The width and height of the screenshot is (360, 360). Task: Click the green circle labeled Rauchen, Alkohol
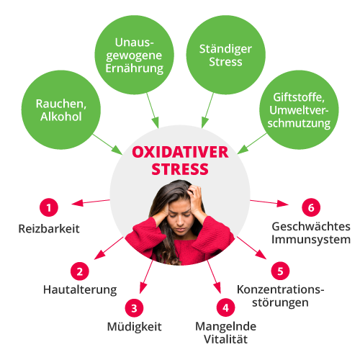coord(61,110)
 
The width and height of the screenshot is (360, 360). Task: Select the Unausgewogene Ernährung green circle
coord(135,55)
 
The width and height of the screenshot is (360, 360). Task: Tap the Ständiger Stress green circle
coord(226,55)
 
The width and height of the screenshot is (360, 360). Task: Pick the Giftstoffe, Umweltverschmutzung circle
coord(299,110)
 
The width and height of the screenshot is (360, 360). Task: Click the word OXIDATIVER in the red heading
coord(180,152)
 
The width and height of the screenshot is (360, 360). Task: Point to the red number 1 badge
coord(49,207)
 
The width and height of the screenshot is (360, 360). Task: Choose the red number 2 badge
coord(80,271)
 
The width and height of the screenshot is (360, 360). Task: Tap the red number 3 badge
coord(134,308)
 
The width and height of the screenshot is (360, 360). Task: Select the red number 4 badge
coord(225,307)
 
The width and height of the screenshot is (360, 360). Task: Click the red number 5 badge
coord(280,271)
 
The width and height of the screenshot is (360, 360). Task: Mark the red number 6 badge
coord(311,207)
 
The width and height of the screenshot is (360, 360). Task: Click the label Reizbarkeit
coord(49,229)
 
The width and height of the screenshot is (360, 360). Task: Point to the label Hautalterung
coord(80,289)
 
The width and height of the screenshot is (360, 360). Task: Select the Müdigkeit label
coord(135,327)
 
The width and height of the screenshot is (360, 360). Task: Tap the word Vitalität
coord(225,339)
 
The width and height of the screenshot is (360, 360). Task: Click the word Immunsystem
coord(311,240)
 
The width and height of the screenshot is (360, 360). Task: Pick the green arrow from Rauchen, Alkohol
coord(107,144)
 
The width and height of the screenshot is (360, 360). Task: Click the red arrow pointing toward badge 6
coord(269,203)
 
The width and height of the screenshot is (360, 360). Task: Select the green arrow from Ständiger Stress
coord(207,110)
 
